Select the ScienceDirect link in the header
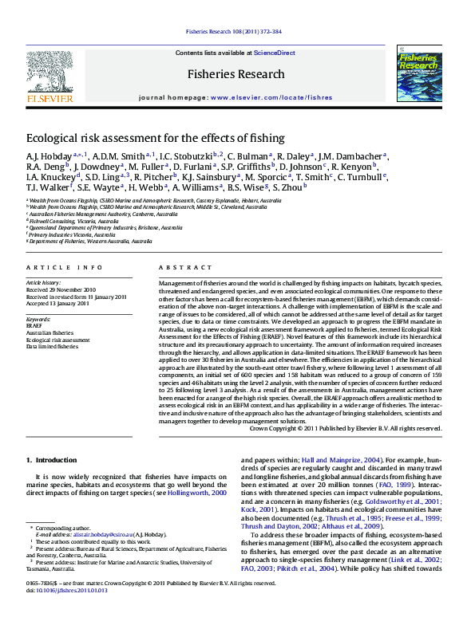275,53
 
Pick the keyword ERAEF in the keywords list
34,326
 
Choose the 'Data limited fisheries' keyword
52,347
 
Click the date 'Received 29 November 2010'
61,290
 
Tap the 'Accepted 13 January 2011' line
57,303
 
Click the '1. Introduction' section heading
52,460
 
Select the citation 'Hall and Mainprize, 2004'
342,460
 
